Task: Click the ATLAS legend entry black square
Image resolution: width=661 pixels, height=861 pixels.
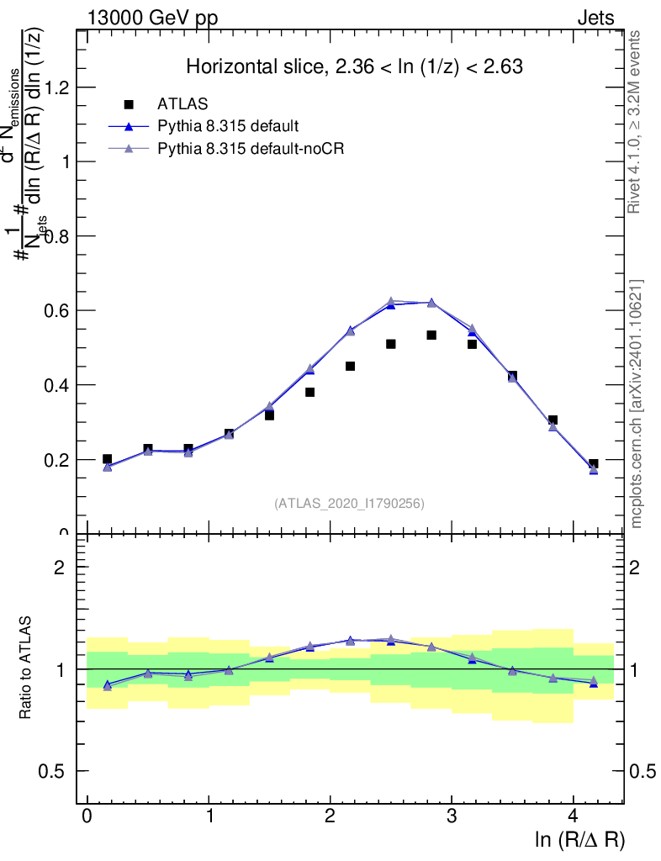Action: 129,104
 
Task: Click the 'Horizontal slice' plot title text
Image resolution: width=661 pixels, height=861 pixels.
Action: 354,66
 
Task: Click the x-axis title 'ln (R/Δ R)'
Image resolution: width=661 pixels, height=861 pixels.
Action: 580,839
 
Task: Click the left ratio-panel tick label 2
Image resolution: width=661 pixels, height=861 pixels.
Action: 60,568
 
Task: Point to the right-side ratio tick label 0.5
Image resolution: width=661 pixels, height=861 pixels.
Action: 643,771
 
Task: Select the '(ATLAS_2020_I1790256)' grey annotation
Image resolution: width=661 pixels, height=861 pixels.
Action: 349,504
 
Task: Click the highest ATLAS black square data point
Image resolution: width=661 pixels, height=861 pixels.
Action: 431,335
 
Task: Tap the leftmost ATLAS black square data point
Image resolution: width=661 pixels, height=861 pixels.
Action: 107,459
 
